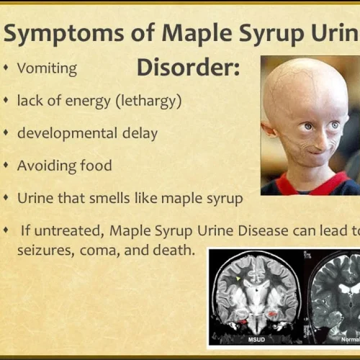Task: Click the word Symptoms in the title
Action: click(x=64, y=33)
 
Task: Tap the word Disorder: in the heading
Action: click(x=189, y=67)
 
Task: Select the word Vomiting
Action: click(x=47, y=68)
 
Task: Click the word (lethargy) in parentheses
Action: click(x=148, y=102)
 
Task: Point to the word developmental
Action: click(x=68, y=132)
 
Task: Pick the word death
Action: click(x=174, y=250)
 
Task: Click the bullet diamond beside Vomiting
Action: click(x=6, y=68)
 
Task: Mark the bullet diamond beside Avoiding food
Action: click(x=6, y=166)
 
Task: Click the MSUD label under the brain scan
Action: click(x=256, y=340)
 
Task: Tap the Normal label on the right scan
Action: click(x=351, y=340)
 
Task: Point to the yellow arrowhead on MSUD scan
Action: click(x=238, y=279)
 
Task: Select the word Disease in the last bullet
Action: click(x=263, y=230)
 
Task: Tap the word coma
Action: click(x=100, y=251)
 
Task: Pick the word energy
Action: click(x=88, y=102)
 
